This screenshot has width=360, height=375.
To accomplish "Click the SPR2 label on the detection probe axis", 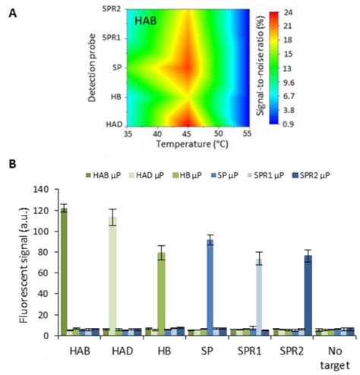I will (110, 9).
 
